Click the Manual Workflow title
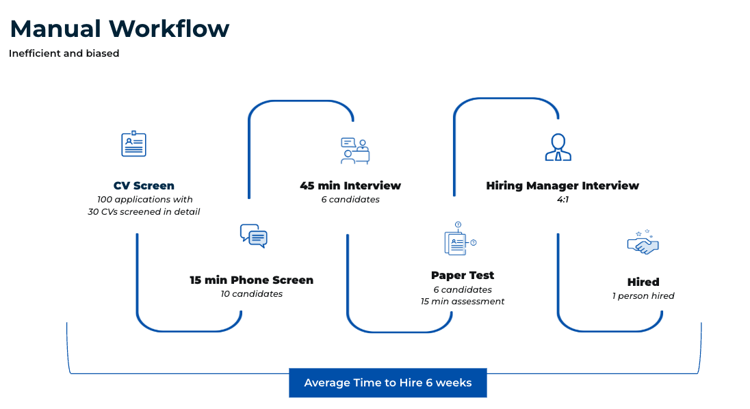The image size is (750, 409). (x=120, y=29)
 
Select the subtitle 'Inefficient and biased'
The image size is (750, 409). (x=64, y=53)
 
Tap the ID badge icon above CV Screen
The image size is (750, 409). (x=133, y=144)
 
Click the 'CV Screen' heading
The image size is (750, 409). (x=144, y=185)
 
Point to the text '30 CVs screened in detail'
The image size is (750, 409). (x=144, y=211)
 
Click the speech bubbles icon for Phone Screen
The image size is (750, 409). (x=253, y=235)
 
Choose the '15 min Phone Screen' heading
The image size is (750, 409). (x=252, y=280)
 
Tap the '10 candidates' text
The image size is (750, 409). (x=252, y=294)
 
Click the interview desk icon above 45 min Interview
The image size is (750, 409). (x=355, y=151)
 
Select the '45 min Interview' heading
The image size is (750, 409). (x=350, y=185)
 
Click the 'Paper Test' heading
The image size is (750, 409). (x=463, y=275)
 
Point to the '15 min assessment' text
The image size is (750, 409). (x=463, y=302)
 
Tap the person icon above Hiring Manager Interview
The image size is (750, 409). (x=558, y=147)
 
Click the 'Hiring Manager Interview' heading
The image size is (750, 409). (x=562, y=185)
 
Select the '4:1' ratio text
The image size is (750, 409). (x=563, y=200)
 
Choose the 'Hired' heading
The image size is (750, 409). (x=643, y=282)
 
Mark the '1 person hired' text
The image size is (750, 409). (x=643, y=295)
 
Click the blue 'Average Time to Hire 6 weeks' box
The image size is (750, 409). (x=388, y=383)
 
